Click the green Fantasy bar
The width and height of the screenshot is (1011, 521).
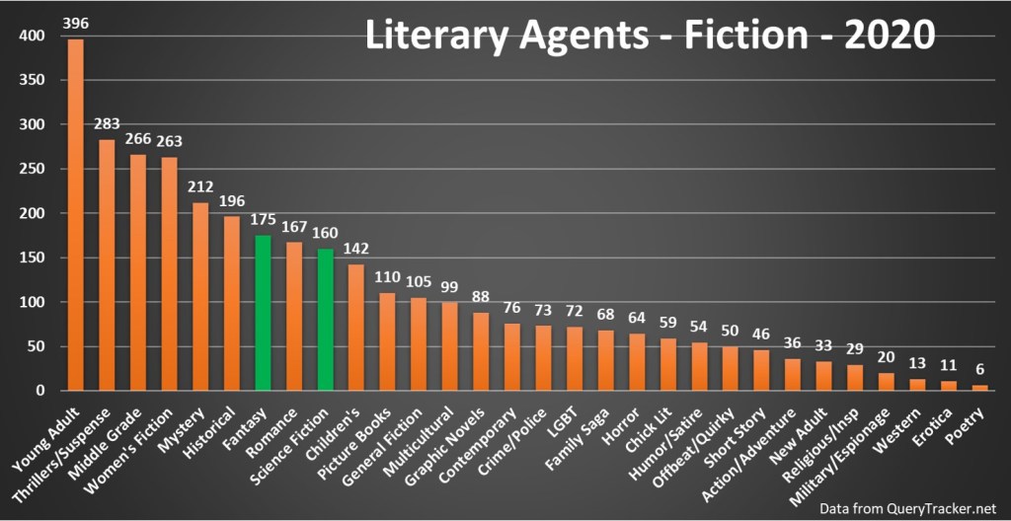pyautogui.click(x=264, y=313)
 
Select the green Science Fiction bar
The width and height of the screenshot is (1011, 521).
pyautogui.click(x=326, y=320)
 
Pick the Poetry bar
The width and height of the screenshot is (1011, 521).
pyautogui.click(x=979, y=388)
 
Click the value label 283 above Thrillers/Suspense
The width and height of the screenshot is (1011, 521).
pyautogui.click(x=108, y=124)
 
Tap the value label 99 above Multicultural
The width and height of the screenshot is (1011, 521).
pyautogui.click(x=450, y=286)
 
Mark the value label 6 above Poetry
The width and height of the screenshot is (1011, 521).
pyautogui.click(x=979, y=369)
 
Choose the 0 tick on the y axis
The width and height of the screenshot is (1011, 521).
pyautogui.click(x=41, y=391)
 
